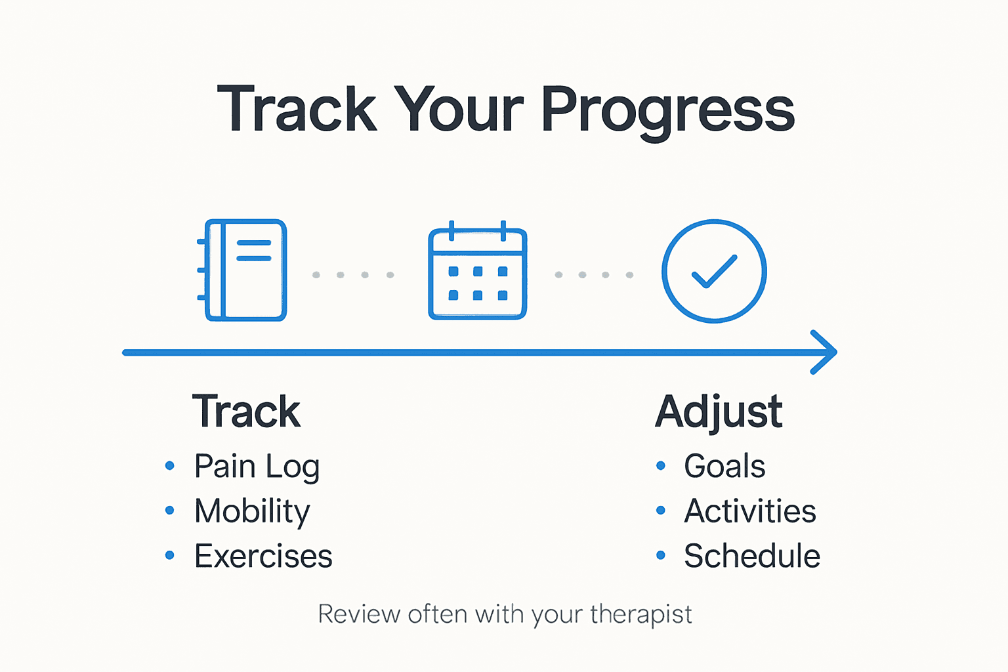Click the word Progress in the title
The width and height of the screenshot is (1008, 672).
(667, 110)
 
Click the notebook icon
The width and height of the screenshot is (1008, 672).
(243, 270)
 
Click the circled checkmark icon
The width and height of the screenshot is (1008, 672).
(714, 271)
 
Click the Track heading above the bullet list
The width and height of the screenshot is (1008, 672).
(246, 412)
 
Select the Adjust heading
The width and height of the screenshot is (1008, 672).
(719, 412)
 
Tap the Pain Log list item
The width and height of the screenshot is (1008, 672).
(257, 467)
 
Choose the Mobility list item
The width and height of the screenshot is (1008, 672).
(252, 511)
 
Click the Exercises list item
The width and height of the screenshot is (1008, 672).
(263, 556)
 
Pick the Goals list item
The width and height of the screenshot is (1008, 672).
(724, 467)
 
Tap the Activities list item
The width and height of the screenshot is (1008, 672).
(750, 511)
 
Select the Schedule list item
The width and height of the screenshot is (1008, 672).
(752, 556)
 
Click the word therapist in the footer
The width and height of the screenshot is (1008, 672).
(640, 615)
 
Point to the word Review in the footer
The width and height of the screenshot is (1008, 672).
(359, 615)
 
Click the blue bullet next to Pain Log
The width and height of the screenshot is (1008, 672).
(170, 466)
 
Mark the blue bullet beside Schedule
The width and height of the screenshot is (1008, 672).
(661, 556)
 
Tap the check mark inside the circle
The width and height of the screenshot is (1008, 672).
(714, 271)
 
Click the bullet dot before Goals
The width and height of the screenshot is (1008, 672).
(661, 466)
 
